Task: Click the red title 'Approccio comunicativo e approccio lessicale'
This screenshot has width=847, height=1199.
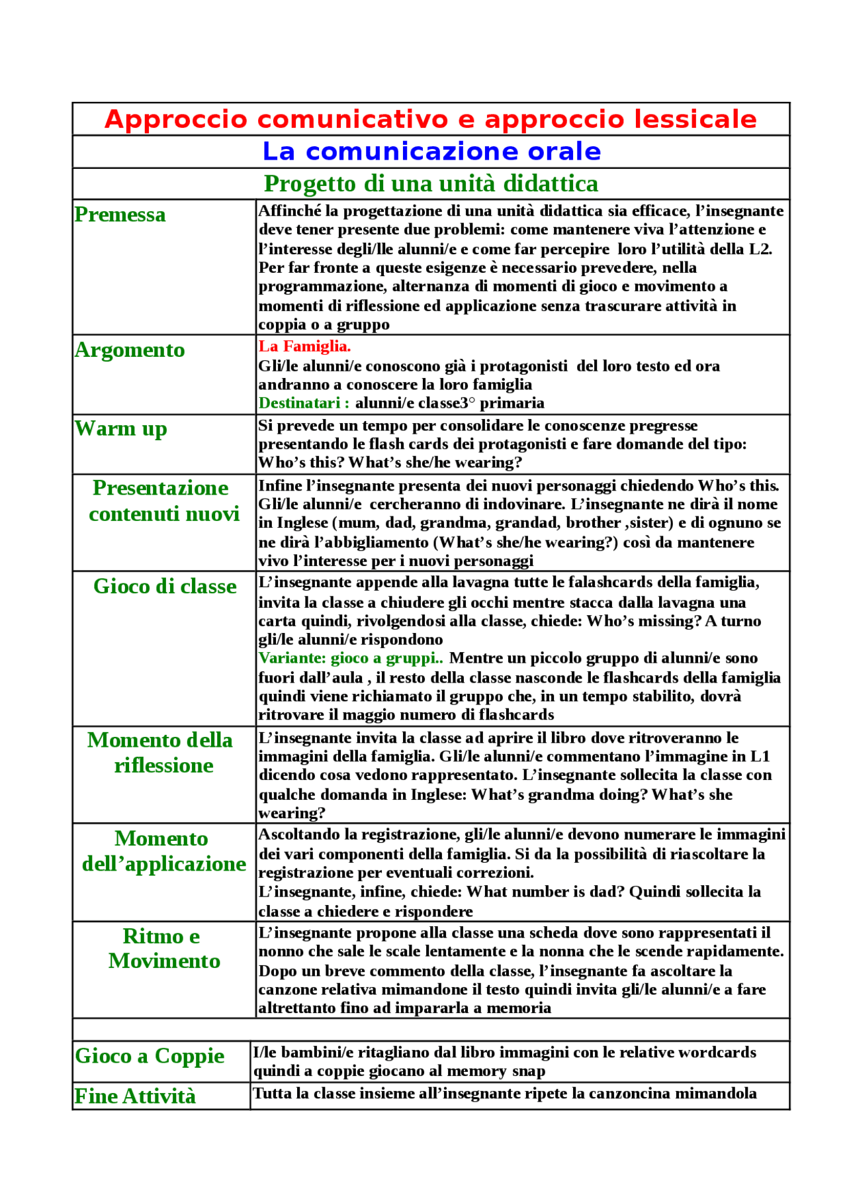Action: click(x=431, y=120)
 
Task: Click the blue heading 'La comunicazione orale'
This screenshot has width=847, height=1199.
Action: click(x=431, y=152)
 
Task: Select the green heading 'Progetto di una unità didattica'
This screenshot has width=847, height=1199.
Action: click(x=431, y=183)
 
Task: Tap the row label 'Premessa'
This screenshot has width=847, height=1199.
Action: click(x=120, y=215)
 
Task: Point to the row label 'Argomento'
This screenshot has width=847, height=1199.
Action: click(x=130, y=350)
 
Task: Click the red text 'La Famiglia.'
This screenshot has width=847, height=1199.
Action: click(x=304, y=346)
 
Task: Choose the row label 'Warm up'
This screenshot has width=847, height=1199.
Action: click(x=120, y=429)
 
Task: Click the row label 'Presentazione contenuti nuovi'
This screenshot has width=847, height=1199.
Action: click(x=163, y=501)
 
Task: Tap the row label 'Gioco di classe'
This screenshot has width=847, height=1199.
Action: click(x=165, y=586)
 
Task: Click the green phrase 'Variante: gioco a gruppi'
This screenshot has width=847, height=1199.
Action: click(x=348, y=658)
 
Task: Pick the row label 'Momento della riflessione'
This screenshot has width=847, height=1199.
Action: click(x=161, y=752)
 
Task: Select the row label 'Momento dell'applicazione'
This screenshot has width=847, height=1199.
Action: click(x=163, y=851)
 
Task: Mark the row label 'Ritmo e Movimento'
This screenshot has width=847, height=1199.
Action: click(x=163, y=948)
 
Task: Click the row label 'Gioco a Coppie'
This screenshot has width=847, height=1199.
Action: click(x=150, y=1055)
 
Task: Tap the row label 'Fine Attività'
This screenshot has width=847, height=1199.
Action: click(x=135, y=1096)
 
